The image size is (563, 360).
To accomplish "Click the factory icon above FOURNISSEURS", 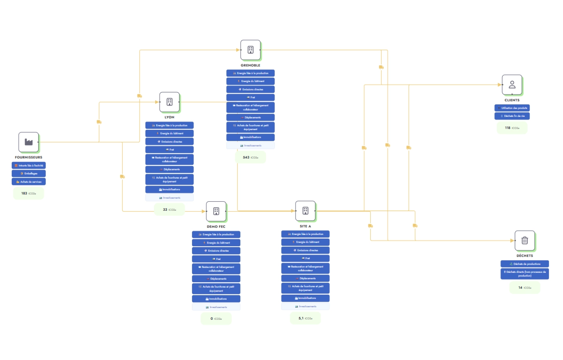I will point(29,142).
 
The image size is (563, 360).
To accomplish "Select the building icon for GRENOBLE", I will point(250,50).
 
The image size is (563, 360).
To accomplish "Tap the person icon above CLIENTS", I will point(512,84).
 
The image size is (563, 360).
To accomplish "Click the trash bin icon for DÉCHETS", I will point(525,240).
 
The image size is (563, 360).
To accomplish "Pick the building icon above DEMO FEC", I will point(216,211).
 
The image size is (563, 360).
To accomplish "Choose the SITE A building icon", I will point(305,211).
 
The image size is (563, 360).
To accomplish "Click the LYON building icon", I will point(169,102).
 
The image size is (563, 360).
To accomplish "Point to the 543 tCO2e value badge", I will point(250,158).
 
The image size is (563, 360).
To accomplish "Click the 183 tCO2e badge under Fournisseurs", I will point(29,193).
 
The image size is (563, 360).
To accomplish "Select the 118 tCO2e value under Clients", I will point(512,128).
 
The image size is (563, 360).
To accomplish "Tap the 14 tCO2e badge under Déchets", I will point(525,288).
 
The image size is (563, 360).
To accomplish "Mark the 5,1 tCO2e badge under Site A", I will point(305,319).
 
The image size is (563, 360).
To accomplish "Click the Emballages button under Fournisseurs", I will point(29,174).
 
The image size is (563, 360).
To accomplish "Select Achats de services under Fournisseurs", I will point(29,182).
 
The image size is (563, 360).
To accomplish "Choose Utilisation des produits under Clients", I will point(512,108).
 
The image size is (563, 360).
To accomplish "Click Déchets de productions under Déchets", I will point(525,264).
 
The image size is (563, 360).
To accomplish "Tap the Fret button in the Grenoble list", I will point(250,97).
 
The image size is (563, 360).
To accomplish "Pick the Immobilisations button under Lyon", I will point(169,190).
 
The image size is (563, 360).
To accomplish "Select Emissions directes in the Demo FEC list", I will point(216,251).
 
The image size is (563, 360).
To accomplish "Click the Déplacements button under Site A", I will point(305,278).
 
